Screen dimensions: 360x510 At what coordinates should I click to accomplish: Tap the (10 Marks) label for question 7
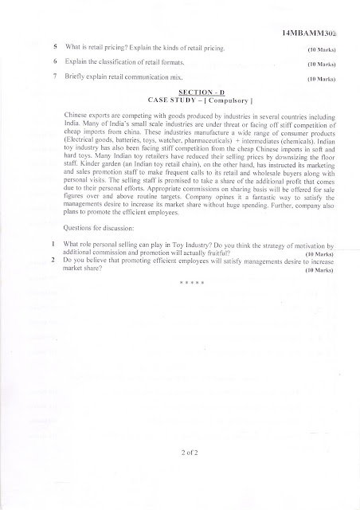(321, 79)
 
